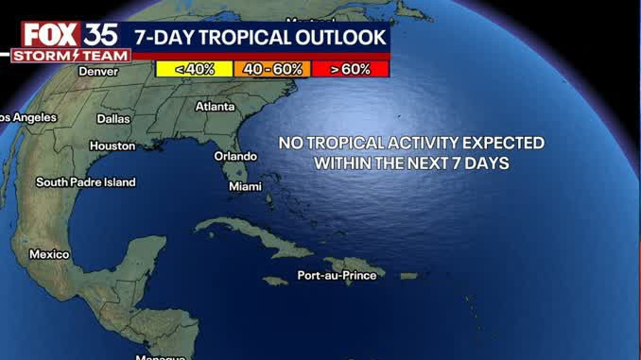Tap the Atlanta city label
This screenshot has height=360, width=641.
[x=215, y=107]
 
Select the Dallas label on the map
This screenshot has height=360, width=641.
[x=113, y=119]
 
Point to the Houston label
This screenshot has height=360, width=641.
[x=112, y=146]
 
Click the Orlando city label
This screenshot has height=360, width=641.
[x=235, y=156]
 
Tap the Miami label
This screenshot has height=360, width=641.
[x=245, y=187]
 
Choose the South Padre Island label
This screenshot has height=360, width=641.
[x=86, y=182]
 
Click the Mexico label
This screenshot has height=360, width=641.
[x=49, y=254]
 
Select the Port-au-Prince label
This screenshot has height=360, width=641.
[x=336, y=275]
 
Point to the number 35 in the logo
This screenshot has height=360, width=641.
[x=98, y=35]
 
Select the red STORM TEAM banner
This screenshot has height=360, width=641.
[x=65, y=56]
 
